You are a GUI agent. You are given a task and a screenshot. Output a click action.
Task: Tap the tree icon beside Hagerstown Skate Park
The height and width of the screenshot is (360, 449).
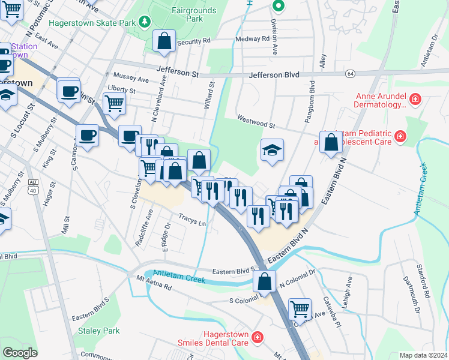(143, 22)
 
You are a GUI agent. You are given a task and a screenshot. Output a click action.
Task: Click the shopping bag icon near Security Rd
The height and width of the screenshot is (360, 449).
(164, 41)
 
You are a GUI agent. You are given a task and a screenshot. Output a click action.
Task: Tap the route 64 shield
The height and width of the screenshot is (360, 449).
(349, 73)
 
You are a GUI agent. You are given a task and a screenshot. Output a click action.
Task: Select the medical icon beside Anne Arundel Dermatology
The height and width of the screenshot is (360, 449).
(415, 98)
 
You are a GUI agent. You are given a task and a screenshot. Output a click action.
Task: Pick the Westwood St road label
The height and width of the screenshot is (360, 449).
(255, 122)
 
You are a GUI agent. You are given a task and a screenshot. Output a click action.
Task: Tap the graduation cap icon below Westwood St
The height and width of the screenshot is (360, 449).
(272, 150)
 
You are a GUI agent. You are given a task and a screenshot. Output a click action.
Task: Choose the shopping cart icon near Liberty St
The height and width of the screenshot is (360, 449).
(113, 103)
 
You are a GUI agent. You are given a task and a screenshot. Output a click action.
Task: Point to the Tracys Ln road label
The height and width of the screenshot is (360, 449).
(191, 220)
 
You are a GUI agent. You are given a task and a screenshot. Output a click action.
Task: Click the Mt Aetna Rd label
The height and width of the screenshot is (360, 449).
(154, 283)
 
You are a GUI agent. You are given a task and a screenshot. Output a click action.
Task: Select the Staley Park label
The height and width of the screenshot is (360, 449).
(98, 331)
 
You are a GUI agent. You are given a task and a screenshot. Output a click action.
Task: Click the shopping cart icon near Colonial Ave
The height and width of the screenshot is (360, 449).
(300, 310)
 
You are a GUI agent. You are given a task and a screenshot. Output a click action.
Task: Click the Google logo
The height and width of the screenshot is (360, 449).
(20, 353)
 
